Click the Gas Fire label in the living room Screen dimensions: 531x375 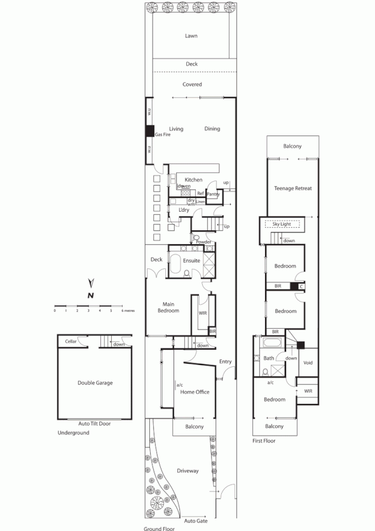163,135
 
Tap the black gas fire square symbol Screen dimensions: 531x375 150,132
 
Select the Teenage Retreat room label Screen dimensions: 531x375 292,188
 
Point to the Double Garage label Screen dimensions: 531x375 95,383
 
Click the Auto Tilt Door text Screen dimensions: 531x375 95,423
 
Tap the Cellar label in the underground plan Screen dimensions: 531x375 71,342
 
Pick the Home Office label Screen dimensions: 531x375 194,392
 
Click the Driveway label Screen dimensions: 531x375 189,471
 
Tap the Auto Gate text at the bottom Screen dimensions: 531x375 196,520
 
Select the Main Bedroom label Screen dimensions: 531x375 168,307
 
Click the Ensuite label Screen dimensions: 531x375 191,261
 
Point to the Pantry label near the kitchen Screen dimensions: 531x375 213,193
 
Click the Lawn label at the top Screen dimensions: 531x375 191,36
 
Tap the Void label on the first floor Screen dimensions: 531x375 308,362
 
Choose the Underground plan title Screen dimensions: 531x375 73,432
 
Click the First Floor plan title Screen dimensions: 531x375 266,439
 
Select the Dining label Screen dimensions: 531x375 212,128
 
